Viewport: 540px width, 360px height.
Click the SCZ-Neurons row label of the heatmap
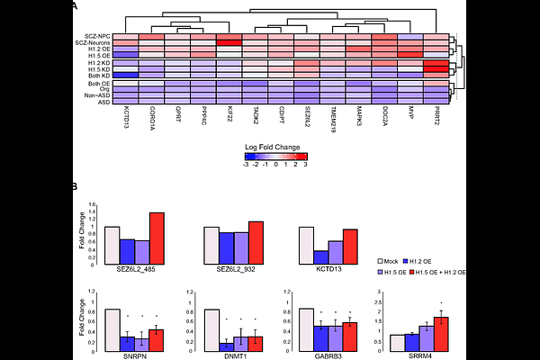click(93, 42)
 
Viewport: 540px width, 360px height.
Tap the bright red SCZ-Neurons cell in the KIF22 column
click(229, 42)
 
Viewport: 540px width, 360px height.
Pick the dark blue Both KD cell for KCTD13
click(126, 75)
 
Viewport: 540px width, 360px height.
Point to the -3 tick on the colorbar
click(247, 166)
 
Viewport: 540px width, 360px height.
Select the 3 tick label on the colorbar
click(305, 166)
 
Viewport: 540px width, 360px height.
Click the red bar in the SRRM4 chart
click(441, 334)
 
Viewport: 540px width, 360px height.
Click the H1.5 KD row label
click(96, 68)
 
